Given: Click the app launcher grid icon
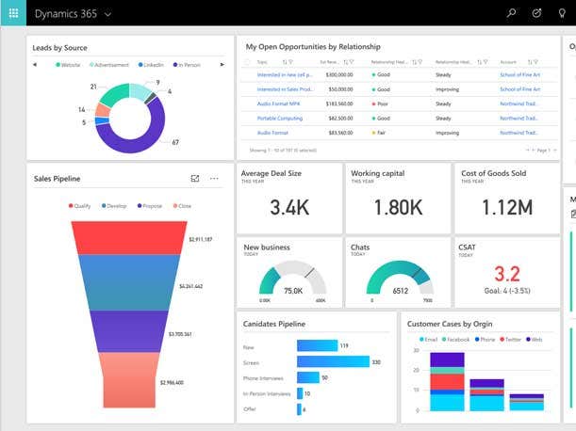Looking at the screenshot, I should click(x=13, y=14).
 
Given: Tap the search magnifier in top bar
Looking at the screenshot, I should click(x=512, y=14).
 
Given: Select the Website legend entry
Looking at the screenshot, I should click(x=68, y=65).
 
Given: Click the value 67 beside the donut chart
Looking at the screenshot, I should click(x=175, y=142).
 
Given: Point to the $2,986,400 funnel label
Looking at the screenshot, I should click(x=173, y=383).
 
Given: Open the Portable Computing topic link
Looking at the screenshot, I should click(x=279, y=119).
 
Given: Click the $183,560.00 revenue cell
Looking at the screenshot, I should click(x=338, y=104).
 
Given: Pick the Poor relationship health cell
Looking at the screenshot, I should click(x=381, y=104).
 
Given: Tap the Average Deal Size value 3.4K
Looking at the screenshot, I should click(x=289, y=207).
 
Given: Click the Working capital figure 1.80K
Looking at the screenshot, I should click(x=398, y=207).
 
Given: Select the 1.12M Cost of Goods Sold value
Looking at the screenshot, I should click(x=506, y=207).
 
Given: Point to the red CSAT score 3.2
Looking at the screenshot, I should click(x=507, y=274).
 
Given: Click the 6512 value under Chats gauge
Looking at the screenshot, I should click(x=400, y=291).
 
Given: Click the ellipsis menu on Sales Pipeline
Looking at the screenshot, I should click(x=214, y=179).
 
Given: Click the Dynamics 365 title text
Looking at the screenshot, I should click(x=66, y=14).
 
